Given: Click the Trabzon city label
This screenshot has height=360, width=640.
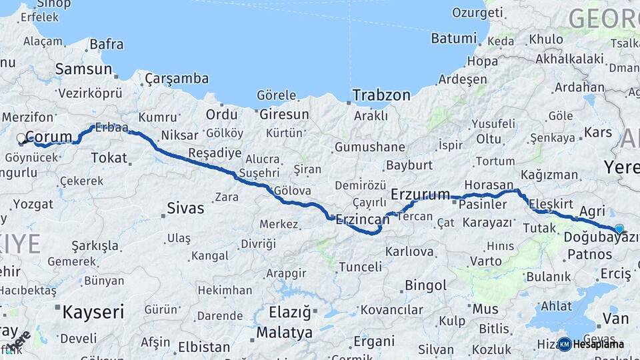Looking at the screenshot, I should click(381, 95).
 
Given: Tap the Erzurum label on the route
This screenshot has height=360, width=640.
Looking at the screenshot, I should click(420, 195).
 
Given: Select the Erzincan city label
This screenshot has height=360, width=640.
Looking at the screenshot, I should click(362, 219).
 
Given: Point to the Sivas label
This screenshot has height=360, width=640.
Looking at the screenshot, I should click(186, 208).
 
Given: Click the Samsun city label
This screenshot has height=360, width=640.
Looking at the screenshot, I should click(83, 69).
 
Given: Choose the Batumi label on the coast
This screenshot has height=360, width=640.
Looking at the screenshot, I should click(453, 39).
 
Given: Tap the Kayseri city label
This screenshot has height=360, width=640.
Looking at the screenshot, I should click(93, 311).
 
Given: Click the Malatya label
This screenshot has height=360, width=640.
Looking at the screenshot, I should click(284, 332).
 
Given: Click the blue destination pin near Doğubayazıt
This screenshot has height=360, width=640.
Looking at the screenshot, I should click(619, 229).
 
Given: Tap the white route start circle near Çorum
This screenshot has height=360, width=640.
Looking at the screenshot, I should click(21, 139).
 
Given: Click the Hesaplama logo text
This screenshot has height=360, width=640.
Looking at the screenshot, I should click(599, 344).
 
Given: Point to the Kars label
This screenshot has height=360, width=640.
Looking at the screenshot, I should click(597, 132).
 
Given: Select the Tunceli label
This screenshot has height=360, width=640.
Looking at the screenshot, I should click(360, 267).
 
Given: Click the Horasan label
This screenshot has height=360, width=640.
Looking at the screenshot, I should click(489, 185).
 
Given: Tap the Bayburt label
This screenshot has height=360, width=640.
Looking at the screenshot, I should click(409, 165).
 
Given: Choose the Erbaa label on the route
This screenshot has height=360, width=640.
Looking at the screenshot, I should click(111, 127).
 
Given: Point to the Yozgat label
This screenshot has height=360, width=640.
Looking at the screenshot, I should click(33, 204).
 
